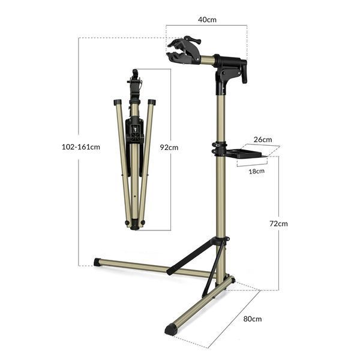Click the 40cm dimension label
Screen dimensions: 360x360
(207, 20)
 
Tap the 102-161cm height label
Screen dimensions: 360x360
(81, 147)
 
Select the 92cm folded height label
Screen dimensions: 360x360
(169, 148)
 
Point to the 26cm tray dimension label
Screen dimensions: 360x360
(263, 139)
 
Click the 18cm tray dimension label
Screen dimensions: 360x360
(256, 171)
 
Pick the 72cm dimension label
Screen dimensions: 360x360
(278, 224)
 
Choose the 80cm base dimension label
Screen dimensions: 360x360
(253, 319)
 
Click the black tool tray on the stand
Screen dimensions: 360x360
(245, 154)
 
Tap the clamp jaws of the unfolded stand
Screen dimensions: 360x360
(179, 51)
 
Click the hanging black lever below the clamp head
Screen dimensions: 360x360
(244, 71)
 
